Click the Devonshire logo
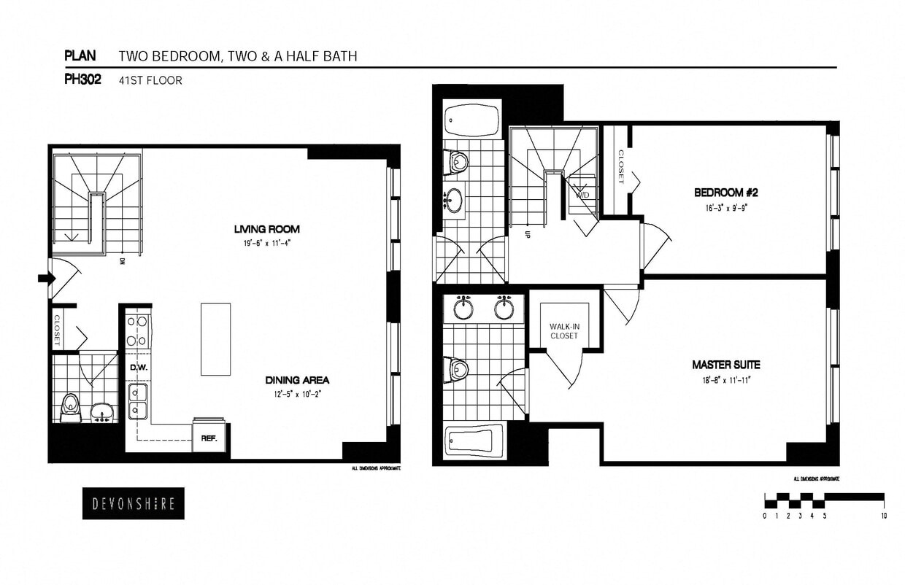point(133,503)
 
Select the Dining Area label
point(297,380)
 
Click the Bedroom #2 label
point(726,193)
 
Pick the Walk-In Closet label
point(564,331)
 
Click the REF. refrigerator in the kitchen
point(209,438)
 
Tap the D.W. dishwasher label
point(139,368)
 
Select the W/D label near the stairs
point(583,195)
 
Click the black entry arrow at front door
point(45,278)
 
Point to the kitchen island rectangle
point(215,339)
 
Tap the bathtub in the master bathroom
point(474,441)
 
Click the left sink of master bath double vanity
point(463,308)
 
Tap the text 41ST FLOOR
point(150,81)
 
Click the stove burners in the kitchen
point(138,330)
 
